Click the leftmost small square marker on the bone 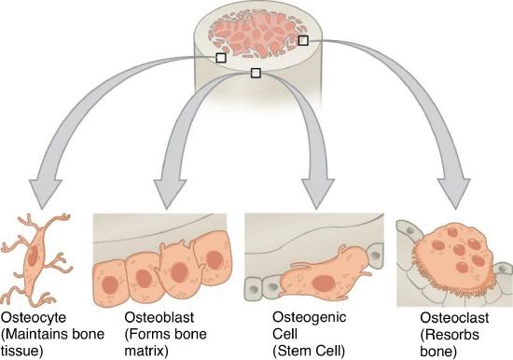pyautogui.click(x=221, y=58)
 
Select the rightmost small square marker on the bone pyautogui.click(x=301, y=40)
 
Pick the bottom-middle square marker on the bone pyautogui.click(x=256, y=73)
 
